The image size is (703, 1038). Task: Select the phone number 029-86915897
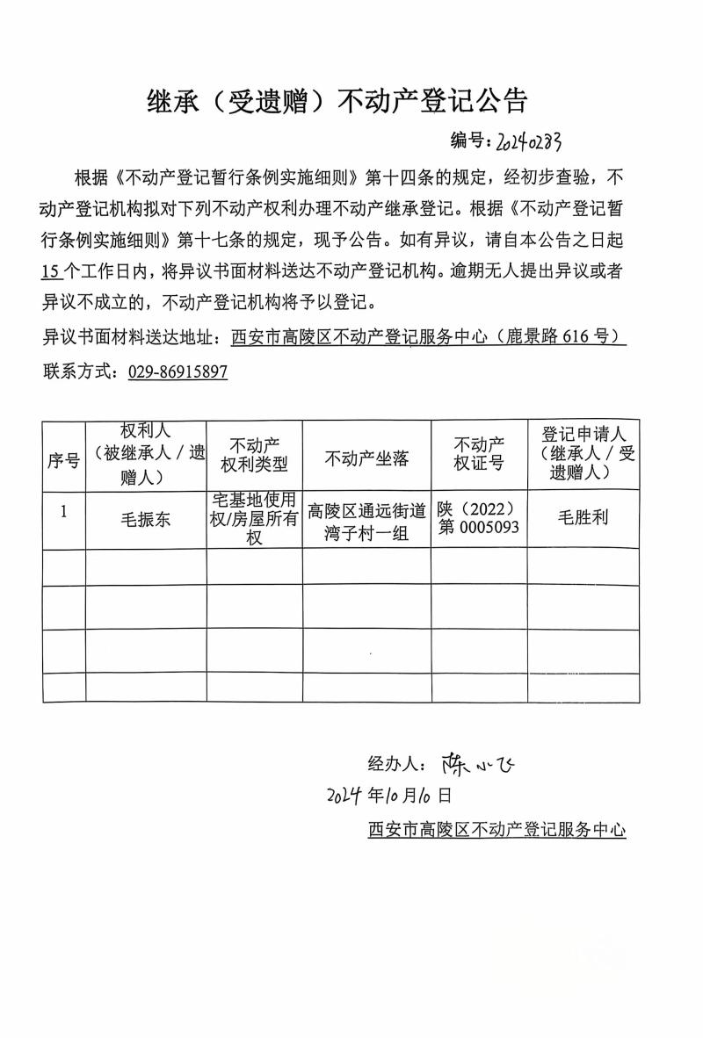pyautogui.click(x=178, y=371)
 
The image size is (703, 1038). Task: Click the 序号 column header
pyautogui.click(x=63, y=459)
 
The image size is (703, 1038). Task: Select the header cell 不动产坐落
pyautogui.click(x=366, y=458)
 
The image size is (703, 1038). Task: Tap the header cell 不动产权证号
pyautogui.click(x=479, y=453)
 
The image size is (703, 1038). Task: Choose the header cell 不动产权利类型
pyautogui.click(x=254, y=453)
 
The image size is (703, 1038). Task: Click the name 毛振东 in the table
pyautogui.click(x=146, y=519)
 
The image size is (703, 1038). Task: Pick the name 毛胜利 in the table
pyautogui.click(x=583, y=517)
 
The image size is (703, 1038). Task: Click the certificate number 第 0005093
pyautogui.click(x=478, y=527)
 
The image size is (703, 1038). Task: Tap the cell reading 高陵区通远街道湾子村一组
pyautogui.click(x=366, y=522)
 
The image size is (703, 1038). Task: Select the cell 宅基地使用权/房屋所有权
pyautogui.click(x=254, y=519)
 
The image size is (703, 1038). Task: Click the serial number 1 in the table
pyautogui.click(x=63, y=510)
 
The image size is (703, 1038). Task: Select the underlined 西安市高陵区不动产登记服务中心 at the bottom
pyautogui.click(x=496, y=829)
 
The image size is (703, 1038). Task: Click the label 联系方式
pyautogui.click(x=82, y=371)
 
